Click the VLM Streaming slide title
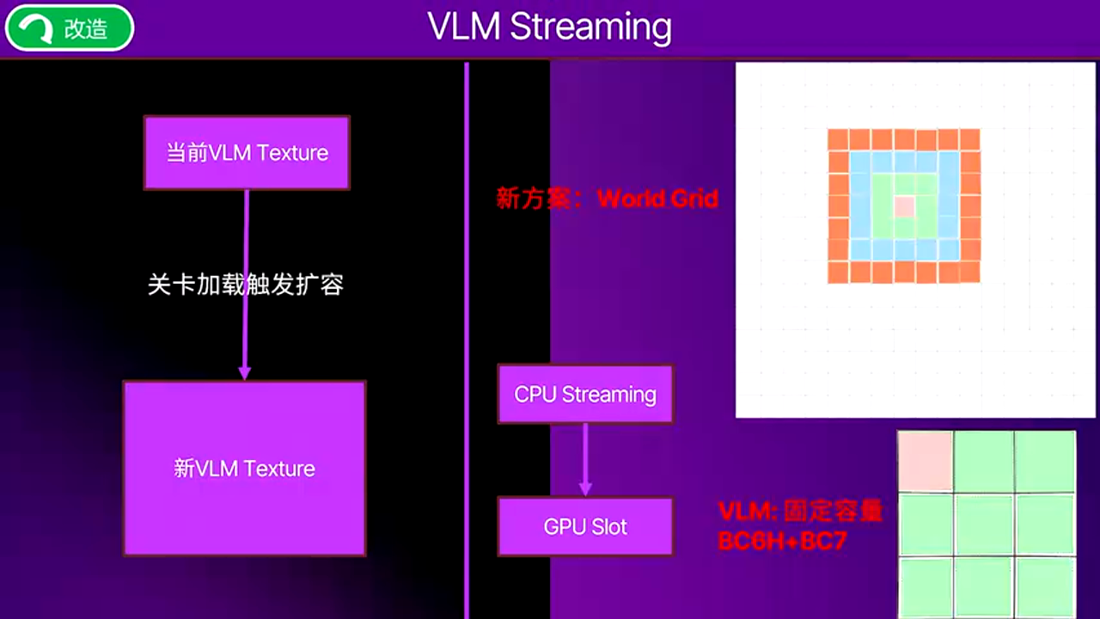pyautogui.click(x=550, y=28)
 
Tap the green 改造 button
pyautogui.click(x=70, y=28)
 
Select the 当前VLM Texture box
pyautogui.click(x=247, y=152)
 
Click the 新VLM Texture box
pyautogui.click(x=245, y=469)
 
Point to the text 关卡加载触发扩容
pyautogui.click(x=246, y=285)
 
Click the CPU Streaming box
pyautogui.click(x=585, y=395)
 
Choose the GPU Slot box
pyautogui.click(x=585, y=527)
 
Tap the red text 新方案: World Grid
pyautogui.click(x=607, y=199)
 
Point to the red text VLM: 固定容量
pyautogui.click(x=800, y=512)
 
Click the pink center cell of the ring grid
pyautogui.click(x=903, y=206)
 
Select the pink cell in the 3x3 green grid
pyautogui.click(x=926, y=460)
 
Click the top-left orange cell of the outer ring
pyautogui.click(x=838, y=139)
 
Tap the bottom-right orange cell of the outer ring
pyautogui.click(x=969, y=273)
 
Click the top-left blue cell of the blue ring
pyautogui.click(x=860, y=162)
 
